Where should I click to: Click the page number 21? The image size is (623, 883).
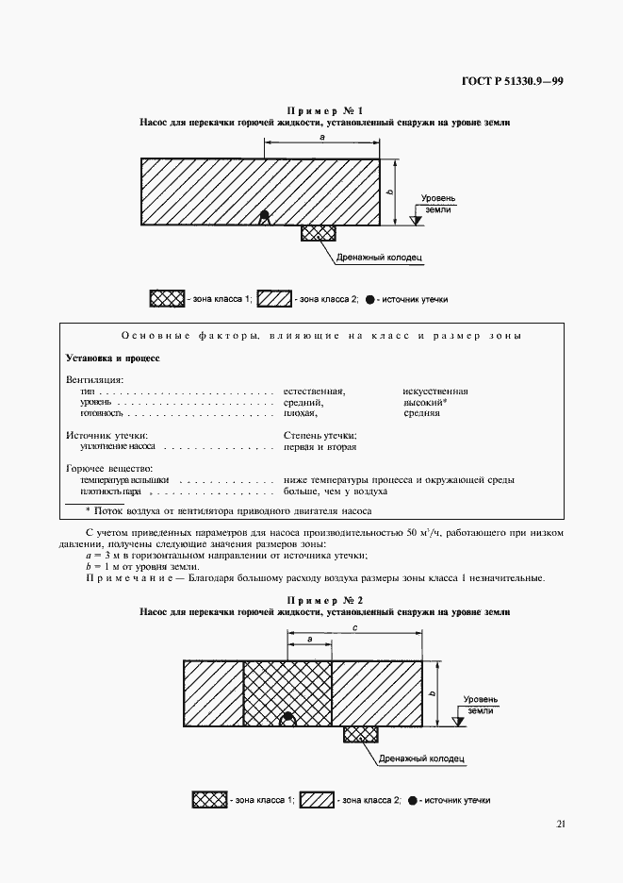(561, 824)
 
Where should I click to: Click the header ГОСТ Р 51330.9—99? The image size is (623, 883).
(513, 81)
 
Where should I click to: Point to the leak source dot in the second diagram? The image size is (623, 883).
(288, 720)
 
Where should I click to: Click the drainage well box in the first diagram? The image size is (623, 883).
(318, 233)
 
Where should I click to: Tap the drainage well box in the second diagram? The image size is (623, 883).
(360, 735)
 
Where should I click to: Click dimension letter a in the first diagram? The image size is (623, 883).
(322, 138)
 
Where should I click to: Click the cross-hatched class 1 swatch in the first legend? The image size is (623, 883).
(166, 299)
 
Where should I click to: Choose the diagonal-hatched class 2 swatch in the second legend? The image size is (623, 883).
(317, 800)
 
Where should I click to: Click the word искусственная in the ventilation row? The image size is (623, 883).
(435, 391)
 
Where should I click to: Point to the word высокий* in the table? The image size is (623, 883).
(425, 402)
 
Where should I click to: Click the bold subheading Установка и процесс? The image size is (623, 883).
(113, 358)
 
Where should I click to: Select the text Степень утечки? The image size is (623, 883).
(320, 435)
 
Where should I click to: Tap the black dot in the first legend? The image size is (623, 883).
(370, 299)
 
